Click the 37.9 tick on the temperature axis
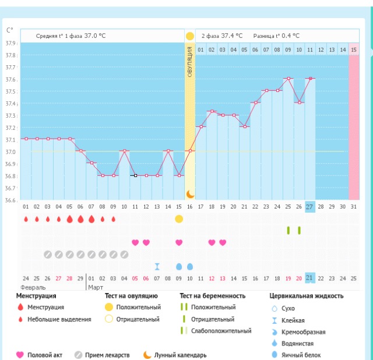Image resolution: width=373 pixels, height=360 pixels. pos(11,43)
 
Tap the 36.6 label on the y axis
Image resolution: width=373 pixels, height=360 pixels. pos(11,200)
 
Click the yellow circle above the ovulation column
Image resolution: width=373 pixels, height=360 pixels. pos(190,36)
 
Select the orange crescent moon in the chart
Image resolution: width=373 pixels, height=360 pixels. pos(190,194)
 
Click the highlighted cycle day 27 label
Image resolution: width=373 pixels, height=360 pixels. pos(310,206)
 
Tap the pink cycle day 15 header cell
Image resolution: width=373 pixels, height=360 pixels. pos(354,50)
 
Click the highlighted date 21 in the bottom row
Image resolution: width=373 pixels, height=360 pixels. pos(310,278)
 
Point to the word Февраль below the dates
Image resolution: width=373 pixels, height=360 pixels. pos(33,287)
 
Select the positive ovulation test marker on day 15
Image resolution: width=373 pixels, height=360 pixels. pos(179,218)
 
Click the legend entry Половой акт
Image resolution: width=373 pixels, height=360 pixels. pos(44,354)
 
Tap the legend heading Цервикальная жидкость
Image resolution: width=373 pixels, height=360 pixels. pos(307,296)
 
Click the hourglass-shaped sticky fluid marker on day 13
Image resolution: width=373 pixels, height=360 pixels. pos(157,266)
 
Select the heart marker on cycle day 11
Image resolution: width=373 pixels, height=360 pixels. pos(135,242)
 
